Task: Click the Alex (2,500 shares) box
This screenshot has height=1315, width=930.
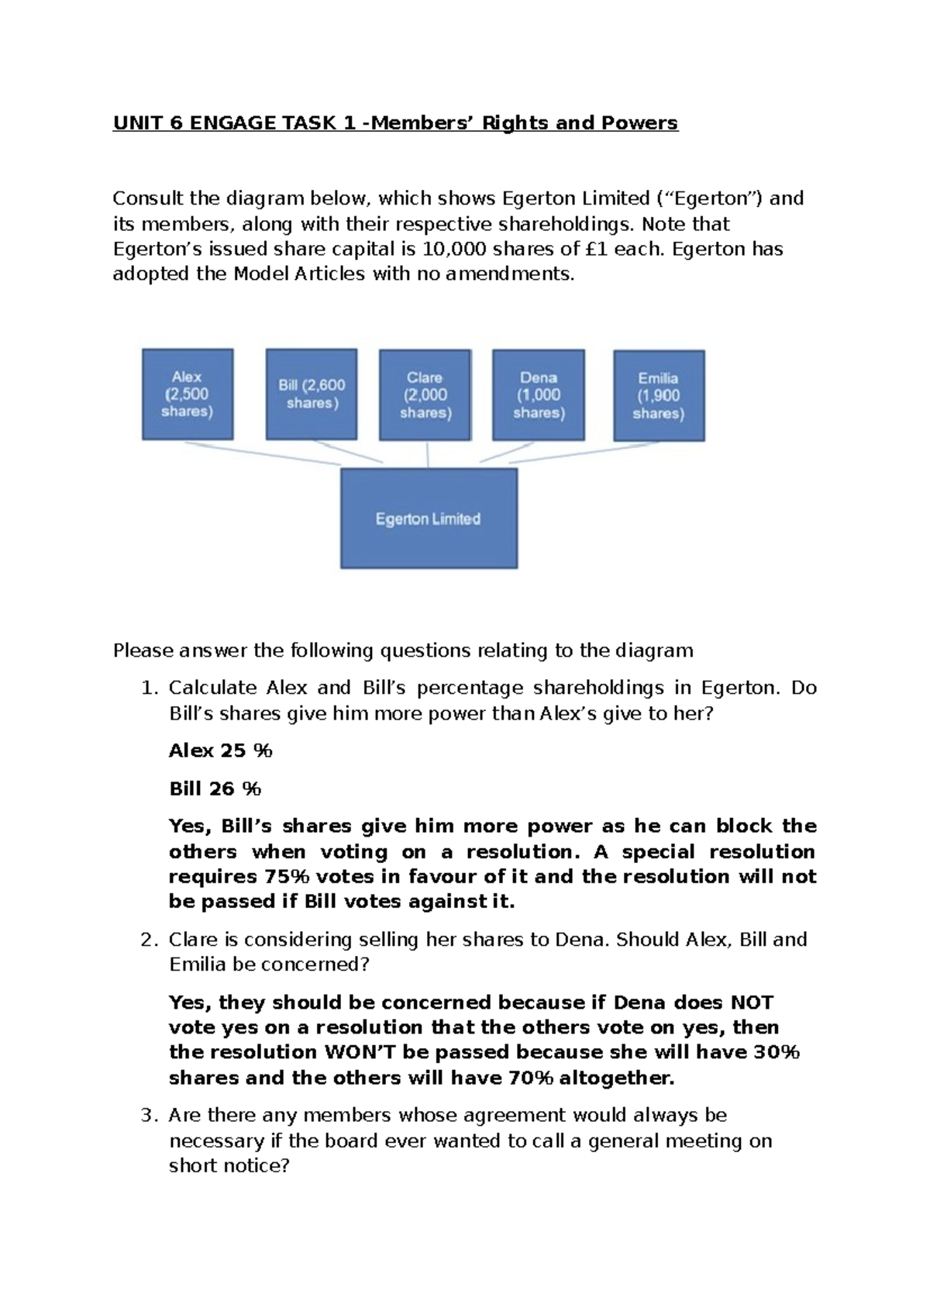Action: coord(188,394)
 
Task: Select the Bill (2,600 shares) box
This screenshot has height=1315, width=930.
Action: coord(312,394)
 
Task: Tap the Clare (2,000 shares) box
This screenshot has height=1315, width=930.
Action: coord(425,395)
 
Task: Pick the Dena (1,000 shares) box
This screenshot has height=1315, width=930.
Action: coord(539,395)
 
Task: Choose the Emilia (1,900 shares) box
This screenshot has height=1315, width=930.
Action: coord(659,395)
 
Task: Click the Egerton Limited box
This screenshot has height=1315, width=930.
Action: coord(429,519)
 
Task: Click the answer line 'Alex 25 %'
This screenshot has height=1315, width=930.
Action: coord(221,751)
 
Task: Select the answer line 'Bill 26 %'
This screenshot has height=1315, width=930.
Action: coord(215,789)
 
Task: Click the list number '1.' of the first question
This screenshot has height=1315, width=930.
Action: coord(149,688)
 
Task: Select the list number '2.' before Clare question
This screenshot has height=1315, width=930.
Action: coord(149,940)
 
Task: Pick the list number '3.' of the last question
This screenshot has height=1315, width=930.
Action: coord(149,1116)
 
